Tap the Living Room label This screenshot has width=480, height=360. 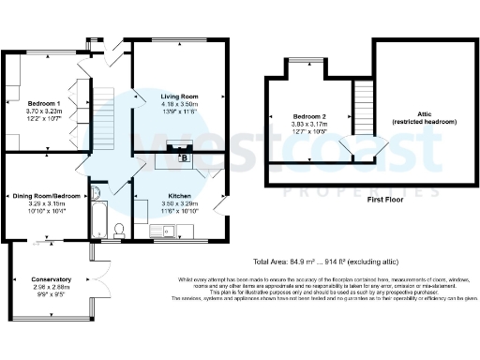[180, 96]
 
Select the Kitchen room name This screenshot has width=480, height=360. [154, 195]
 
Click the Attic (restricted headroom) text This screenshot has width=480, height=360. [426, 116]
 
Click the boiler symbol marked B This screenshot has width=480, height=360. [184, 157]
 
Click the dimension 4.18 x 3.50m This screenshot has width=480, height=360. [180, 104]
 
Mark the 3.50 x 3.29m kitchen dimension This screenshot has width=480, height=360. [154, 203]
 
